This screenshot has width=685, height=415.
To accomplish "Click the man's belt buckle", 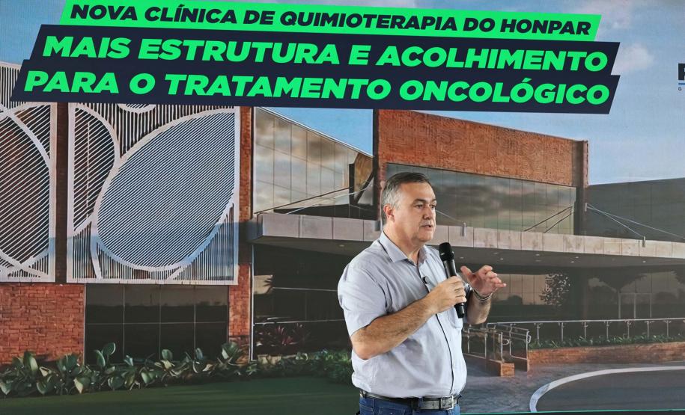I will tap(424, 404).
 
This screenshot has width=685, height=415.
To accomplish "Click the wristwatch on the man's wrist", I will tap(481, 295).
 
